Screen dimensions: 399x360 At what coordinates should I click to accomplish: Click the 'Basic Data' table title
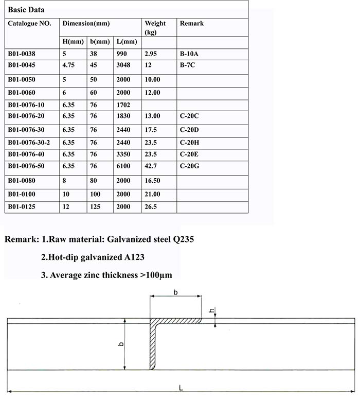(26, 10)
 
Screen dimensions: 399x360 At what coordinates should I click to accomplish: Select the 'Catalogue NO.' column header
(29, 24)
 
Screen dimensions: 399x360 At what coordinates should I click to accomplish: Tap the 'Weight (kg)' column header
(155, 28)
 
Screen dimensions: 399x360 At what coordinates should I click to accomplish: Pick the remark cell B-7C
(188, 65)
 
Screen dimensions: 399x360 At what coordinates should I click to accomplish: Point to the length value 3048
(124, 65)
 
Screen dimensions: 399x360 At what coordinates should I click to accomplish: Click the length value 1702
(124, 105)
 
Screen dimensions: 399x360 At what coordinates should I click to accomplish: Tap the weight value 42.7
(152, 166)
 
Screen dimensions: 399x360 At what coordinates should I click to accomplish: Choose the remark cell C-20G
(189, 166)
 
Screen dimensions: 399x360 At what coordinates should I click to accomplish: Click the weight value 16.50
(153, 181)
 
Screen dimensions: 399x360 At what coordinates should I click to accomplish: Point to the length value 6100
(124, 166)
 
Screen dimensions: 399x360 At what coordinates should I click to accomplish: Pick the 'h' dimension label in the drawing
(211, 311)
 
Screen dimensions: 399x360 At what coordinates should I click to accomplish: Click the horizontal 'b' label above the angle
(176, 292)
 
